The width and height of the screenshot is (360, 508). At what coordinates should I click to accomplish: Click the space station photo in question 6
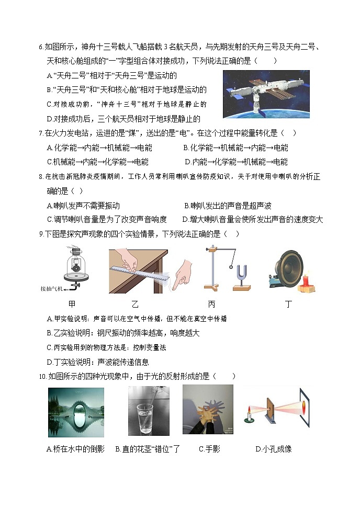pyautogui.click(x=266, y=94)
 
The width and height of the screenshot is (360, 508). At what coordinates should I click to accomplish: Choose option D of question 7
pyautogui.click(x=236, y=162)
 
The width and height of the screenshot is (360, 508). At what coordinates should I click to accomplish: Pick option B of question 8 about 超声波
pyautogui.click(x=228, y=206)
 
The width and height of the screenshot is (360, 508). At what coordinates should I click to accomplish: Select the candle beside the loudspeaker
pyautogui.click(x=306, y=281)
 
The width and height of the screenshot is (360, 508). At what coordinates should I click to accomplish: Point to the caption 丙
pyautogui.click(x=211, y=304)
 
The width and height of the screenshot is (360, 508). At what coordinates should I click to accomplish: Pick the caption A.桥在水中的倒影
pyautogui.click(x=76, y=449)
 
